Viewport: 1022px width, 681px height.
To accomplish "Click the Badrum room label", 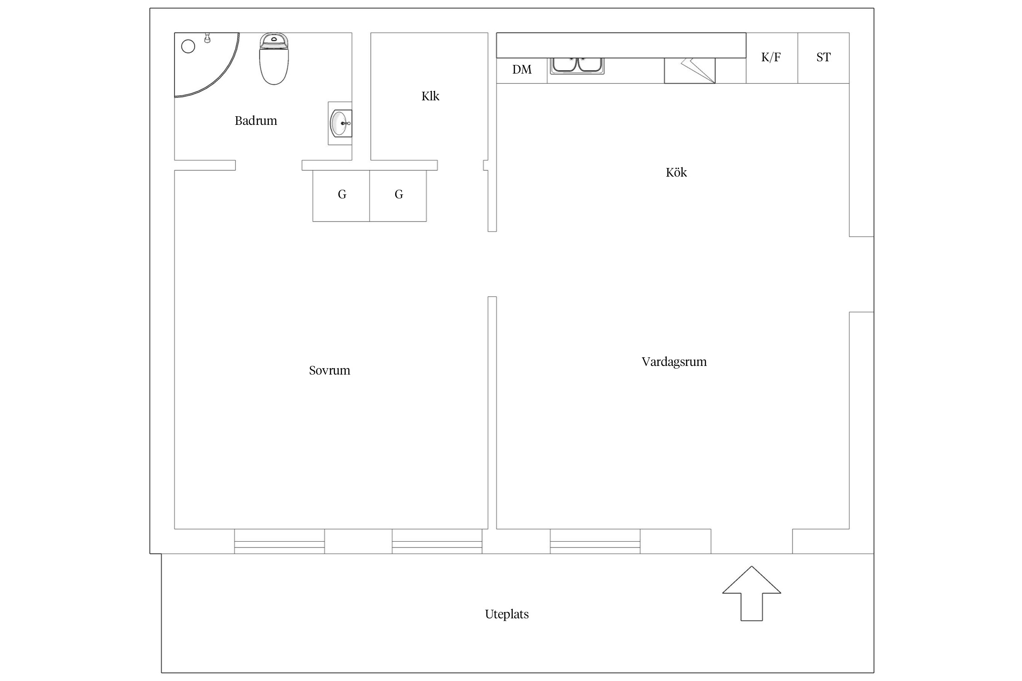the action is (256, 121).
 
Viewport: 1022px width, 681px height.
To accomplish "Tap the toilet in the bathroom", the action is (274, 59).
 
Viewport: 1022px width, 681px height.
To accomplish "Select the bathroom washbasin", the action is (340, 123).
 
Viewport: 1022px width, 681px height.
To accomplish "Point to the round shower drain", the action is (188, 46).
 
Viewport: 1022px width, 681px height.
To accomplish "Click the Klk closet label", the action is (430, 96).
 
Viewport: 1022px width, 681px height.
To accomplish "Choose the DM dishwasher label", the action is (522, 69).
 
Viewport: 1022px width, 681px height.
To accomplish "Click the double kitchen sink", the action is (577, 65).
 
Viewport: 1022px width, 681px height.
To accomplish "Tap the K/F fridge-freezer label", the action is (771, 57).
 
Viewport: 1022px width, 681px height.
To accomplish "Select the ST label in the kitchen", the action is (824, 57).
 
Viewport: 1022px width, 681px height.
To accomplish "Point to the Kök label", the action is (676, 173).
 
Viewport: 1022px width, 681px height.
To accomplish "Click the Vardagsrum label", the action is (674, 362).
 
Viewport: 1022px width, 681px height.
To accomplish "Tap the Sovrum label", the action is (329, 370).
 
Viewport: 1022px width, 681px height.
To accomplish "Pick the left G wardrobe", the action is (341, 196).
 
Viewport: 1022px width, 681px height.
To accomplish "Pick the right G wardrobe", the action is (398, 196).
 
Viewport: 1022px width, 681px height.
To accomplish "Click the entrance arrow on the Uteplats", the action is (752, 593).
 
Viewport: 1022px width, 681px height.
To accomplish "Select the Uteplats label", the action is (507, 614).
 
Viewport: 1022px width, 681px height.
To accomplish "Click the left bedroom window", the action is (279, 541).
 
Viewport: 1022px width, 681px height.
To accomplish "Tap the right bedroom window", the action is (437, 541).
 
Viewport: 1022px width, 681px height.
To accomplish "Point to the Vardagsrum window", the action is (595, 541).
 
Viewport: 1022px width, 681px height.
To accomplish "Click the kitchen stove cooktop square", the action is (690, 70).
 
